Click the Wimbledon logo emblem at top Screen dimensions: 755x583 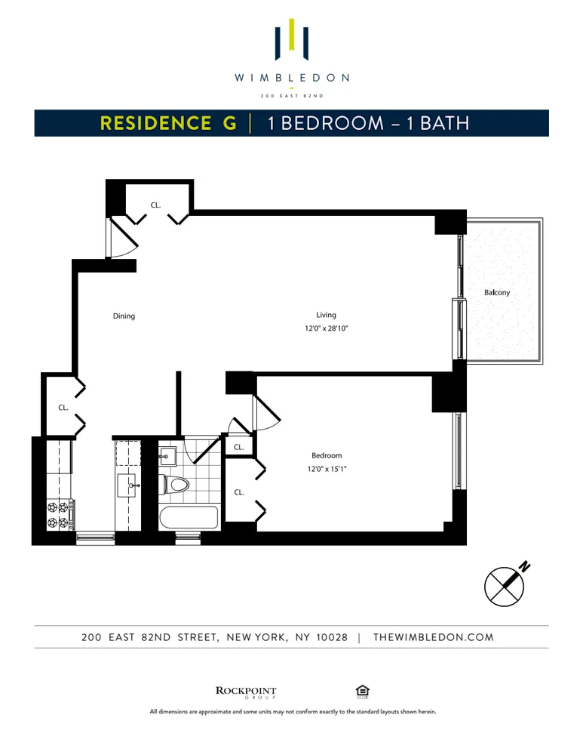pos(291,39)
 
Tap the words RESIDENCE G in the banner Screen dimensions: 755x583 pos(168,123)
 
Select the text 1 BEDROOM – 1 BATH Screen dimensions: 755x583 pos(369,123)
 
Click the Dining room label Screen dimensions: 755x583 pos(124,316)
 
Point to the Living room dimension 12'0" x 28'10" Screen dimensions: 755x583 pos(326,328)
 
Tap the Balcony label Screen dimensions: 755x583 pos(497,292)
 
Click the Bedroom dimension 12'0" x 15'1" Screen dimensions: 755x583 pos(327,468)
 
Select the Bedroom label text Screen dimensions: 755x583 pos(327,455)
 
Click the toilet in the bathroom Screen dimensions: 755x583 pos(176,484)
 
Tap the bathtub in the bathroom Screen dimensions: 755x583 pos(189,518)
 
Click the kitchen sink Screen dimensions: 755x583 pos(126,485)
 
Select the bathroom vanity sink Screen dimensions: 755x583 pos(167,456)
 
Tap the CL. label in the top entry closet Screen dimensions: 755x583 pos(155,205)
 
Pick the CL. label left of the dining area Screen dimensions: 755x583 pos(63,408)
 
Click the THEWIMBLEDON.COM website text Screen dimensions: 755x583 pos(434,637)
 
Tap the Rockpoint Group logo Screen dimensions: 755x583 pos(246,692)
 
